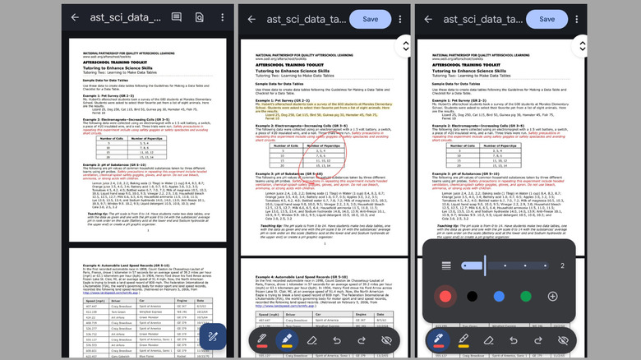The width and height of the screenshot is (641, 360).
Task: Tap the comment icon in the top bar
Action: point(177,17)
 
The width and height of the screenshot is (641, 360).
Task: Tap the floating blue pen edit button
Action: point(212,337)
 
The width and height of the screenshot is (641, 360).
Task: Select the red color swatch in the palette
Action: point(445,296)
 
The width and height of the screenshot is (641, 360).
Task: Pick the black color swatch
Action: point(472,296)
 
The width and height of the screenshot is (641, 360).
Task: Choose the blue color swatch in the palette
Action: point(498,296)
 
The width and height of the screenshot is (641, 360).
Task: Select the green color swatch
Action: point(525,296)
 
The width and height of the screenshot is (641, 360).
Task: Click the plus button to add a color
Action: point(552,296)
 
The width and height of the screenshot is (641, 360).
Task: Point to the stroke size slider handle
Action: point(485,265)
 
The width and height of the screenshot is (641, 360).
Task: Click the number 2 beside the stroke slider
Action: point(562,265)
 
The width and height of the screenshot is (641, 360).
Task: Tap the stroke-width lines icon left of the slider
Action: point(446,265)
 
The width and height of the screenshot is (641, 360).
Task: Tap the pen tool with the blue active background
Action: point(436,339)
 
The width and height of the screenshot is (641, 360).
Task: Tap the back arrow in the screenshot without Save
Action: point(75,17)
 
